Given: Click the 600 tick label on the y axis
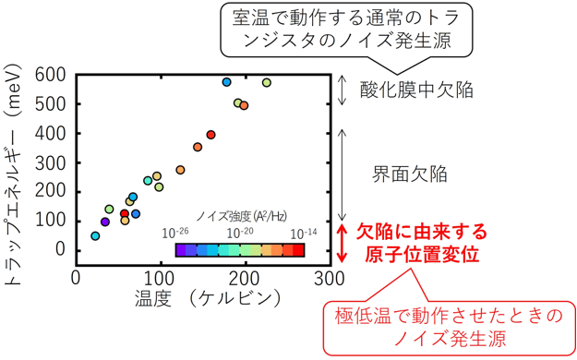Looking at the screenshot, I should click(50, 75).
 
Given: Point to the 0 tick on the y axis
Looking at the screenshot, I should click(61, 250).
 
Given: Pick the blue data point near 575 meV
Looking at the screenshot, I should click(227, 82).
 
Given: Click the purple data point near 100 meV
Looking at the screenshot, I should click(105, 222).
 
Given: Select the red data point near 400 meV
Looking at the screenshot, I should click(211, 135).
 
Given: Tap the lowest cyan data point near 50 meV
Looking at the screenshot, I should click(95, 236).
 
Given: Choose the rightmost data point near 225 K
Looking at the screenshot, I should click(267, 83).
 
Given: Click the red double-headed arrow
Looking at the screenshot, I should click(343, 243).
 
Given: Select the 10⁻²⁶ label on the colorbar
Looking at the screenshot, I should click(175, 232).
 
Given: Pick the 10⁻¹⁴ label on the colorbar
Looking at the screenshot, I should click(303, 232).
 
